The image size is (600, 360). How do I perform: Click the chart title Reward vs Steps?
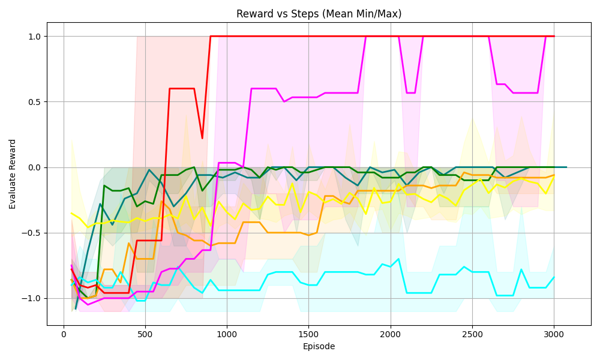(x=319, y=14)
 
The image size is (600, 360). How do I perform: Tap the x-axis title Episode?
(x=319, y=346)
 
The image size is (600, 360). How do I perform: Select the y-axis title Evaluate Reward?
(x=13, y=174)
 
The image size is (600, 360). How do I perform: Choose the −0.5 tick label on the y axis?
(x=32, y=233)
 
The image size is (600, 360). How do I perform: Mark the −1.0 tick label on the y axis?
(x=32, y=298)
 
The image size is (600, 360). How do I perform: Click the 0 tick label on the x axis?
(x=64, y=334)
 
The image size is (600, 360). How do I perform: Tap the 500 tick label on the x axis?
(x=145, y=334)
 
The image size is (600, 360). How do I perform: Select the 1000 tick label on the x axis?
(x=227, y=334)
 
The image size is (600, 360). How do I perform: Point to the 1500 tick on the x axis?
(x=308, y=334)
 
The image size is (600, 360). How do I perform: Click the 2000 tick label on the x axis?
(x=391, y=334)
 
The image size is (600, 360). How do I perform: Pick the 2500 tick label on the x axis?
(x=472, y=334)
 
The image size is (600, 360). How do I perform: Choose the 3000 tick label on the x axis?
(x=554, y=334)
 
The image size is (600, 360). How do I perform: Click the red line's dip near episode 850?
(x=202, y=139)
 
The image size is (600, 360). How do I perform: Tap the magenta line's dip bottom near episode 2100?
(x=410, y=93)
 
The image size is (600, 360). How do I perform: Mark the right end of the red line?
(x=554, y=36)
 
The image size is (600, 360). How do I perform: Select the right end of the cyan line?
(x=554, y=277)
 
